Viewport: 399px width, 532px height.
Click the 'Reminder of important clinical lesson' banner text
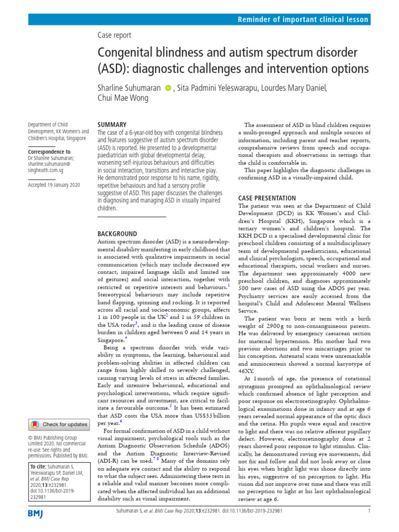pos(303,20)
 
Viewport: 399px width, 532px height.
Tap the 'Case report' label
pos(114,35)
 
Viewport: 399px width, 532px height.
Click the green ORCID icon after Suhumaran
pos(168,88)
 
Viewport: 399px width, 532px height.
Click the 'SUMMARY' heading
pos(112,125)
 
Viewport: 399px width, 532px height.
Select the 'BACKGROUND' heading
pos(117,234)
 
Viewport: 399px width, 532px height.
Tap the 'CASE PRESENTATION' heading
pos(267,198)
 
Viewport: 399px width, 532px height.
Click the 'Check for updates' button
pos(59,424)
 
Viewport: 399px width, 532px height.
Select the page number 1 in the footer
pos(368,511)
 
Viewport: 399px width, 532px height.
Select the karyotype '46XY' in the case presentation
pos(245,358)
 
